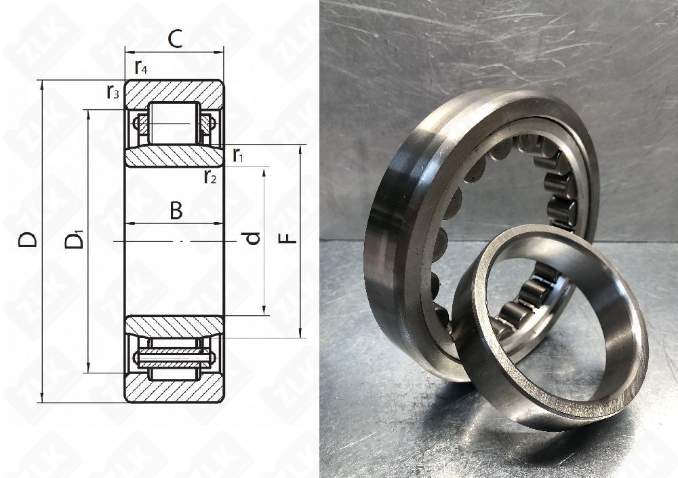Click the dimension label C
point(175,39)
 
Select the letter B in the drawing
point(176,211)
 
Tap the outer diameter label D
point(28,240)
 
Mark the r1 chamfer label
point(238,155)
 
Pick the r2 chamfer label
point(210,176)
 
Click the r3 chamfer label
point(113,92)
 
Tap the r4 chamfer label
point(141,67)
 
